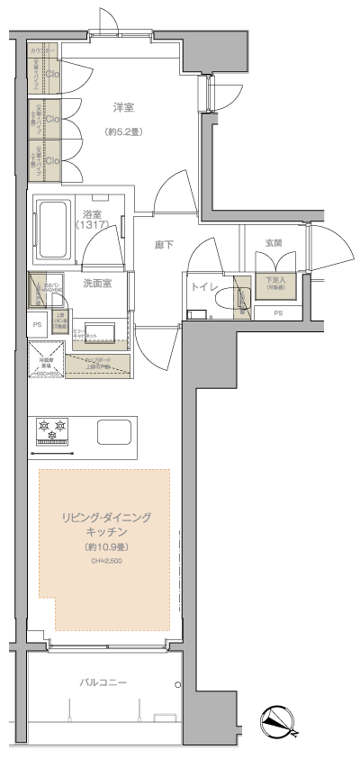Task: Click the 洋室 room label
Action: [123, 107]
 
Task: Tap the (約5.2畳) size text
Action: [123, 131]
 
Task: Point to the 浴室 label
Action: [91, 213]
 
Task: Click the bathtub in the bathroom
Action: [53, 230]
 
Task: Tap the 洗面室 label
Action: [97, 283]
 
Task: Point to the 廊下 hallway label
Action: [164, 244]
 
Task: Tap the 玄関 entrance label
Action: [274, 243]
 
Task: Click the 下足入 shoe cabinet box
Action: [274, 283]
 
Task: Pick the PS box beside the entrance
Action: [278, 313]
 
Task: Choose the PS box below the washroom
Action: [37, 324]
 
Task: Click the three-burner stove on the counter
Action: [52, 429]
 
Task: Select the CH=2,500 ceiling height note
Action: [105, 561]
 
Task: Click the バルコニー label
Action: [103, 683]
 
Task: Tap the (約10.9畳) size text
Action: [105, 547]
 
